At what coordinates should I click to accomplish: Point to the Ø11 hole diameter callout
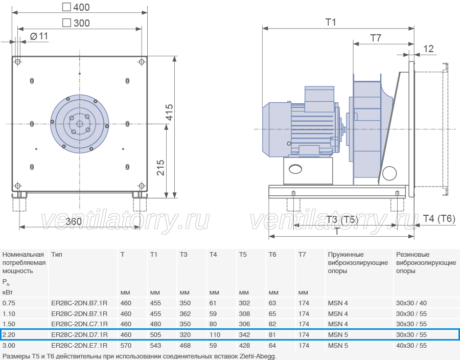[x=39, y=36]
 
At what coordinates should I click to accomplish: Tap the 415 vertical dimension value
[x=169, y=112]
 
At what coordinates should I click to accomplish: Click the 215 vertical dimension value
[x=160, y=168]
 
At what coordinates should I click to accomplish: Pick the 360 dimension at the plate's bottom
[x=74, y=221]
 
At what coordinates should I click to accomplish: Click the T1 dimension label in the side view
[x=331, y=22]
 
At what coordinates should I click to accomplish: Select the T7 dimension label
[x=376, y=38]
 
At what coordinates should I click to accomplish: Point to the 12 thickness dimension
[x=428, y=49]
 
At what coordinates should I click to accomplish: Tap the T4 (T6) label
[x=439, y=218]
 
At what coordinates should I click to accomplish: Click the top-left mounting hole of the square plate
[x=17, y=61]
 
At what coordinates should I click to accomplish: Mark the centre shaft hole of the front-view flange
[x=79, y=124]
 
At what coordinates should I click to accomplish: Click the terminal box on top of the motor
[x=319, y=99]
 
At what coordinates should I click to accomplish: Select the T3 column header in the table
[x=183, y=254]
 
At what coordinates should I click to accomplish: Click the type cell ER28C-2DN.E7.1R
[x=79, y=345]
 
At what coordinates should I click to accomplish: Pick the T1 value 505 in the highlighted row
[x=155, y=335]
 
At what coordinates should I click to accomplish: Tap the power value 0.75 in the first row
[x=9, y=303]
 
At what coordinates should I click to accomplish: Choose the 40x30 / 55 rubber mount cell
[x=411, y=345]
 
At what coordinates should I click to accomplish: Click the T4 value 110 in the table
[x=215, y=335]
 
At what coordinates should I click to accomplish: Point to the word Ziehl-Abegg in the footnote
[x=258, y=356]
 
